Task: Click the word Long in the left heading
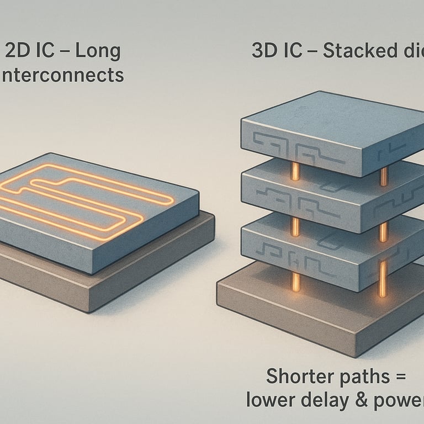coord(97,51)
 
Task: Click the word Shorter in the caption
coord(296,378)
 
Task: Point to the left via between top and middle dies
coord(295,171)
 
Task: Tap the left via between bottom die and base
coord(296,282)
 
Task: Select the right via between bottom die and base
coord(382,279)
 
